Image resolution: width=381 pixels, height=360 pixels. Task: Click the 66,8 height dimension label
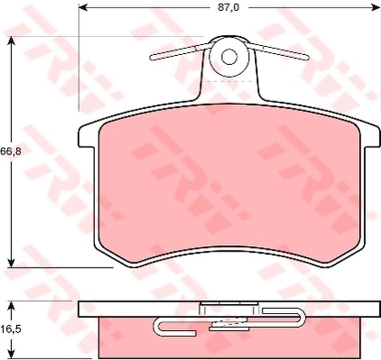pos(10,151)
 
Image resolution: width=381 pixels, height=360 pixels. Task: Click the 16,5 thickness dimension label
pos(10,329)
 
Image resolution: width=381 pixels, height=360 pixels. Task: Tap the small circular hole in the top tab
pos(229,57)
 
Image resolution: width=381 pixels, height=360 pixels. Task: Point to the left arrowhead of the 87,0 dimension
pos(83,8)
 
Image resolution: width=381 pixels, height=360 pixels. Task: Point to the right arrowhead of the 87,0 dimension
pos(376,8)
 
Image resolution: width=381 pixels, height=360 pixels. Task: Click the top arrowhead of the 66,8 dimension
pos(11,41)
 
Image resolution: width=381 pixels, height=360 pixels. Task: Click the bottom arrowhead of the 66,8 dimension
pos(11,262)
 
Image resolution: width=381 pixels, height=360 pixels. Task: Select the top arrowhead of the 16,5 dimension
pos(11,305)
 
